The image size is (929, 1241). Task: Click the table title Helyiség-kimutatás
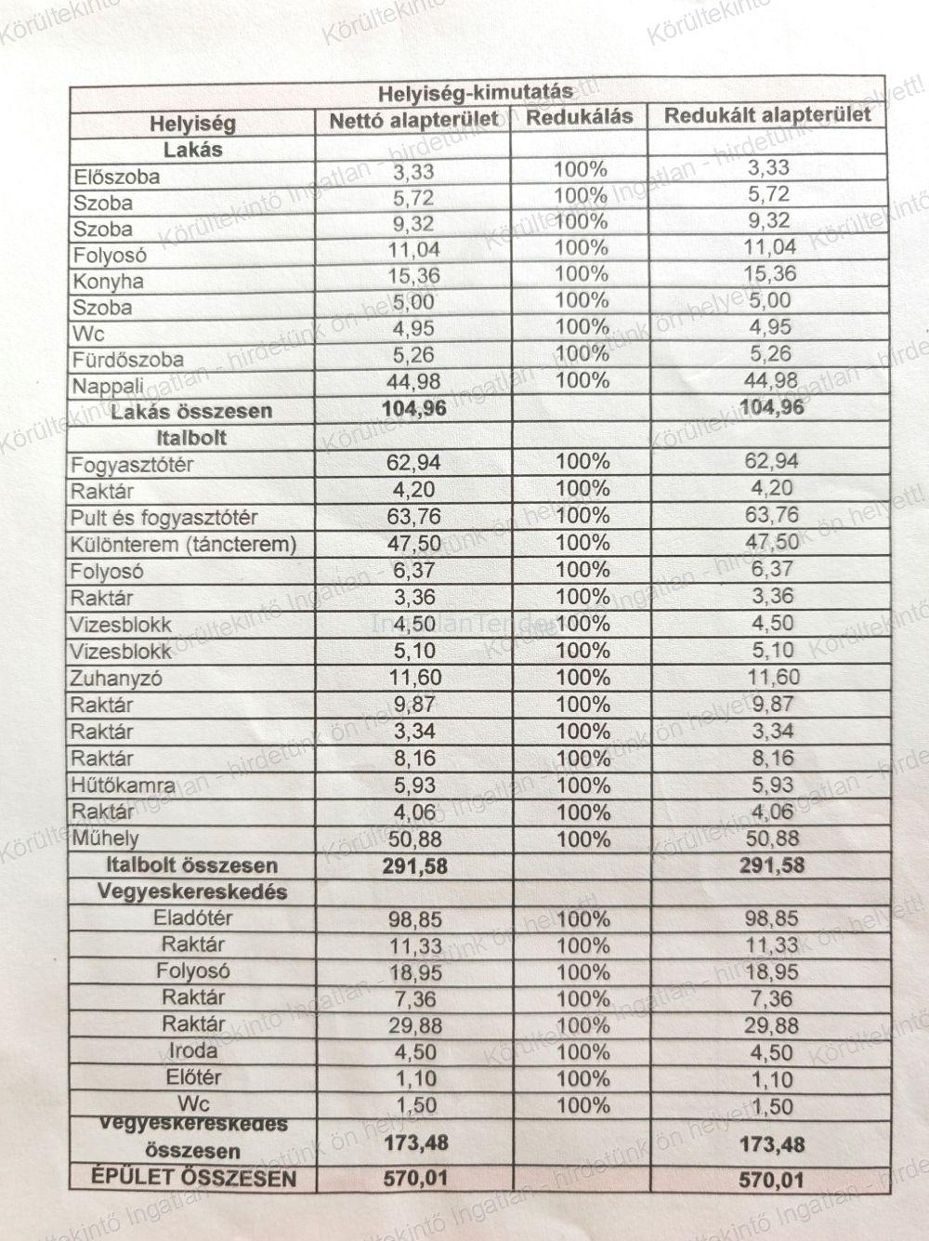tap(475, 94)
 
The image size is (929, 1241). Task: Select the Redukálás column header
tap(579, 117)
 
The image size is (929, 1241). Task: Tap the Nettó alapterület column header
tap(413, 120)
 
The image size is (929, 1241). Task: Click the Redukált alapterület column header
tap(768, 115)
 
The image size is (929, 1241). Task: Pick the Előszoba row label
tap(116, 177)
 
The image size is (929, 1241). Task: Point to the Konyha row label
tap(108, 281)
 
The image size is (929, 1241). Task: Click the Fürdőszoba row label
tap(127, 359)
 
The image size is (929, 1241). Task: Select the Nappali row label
tap(108, 385)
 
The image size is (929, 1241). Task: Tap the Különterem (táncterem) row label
tap(183, 545)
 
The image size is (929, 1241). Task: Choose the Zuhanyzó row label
tap(116, 679)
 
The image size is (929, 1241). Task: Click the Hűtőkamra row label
tap(123, 786)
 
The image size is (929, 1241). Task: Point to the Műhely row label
tap(105, 838)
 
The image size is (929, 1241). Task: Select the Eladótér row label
tap(193, 918)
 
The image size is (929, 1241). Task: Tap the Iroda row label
tap(193, 1051)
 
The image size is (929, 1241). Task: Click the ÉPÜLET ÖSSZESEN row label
tap(193, 1179)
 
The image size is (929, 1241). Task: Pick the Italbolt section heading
tap(193, 438)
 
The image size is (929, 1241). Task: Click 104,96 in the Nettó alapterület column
tap(414, 409)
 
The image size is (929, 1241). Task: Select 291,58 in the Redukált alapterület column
tap(772, 866)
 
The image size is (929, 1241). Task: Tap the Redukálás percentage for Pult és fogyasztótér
tap(582, 515)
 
